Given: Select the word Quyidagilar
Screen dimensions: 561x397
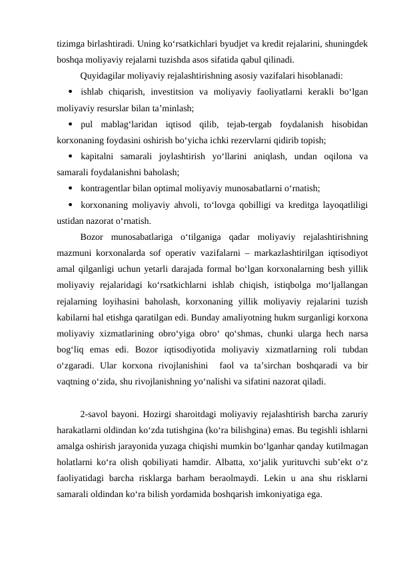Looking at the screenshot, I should pos(101,75).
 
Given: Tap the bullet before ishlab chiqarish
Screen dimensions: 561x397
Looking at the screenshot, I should pos(71,91).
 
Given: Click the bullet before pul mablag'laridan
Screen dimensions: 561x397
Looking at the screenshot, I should pos(71,124).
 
